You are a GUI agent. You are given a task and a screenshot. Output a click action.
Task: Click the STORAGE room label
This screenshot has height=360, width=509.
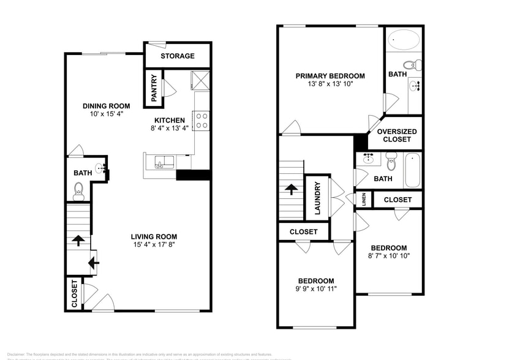pos(178,56)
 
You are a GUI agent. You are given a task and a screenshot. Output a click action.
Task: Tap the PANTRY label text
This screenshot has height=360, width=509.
pos(154,88)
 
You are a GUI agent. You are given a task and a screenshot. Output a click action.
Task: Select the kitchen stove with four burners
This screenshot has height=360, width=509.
pos(202,120)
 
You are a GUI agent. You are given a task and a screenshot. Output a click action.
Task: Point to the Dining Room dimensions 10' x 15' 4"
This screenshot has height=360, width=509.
pos(107,114)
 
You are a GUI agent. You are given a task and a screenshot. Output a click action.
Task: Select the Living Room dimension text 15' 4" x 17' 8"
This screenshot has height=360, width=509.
pos(154,245)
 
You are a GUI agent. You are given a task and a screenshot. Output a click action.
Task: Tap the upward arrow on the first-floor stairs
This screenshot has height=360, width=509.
pos(78,241)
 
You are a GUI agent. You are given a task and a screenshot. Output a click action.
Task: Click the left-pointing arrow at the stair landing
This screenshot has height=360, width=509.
pos(92,263)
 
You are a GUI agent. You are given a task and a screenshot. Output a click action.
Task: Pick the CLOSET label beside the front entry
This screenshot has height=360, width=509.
pos(74,293)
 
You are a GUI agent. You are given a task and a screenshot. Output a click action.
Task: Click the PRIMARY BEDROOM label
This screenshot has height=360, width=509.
pos(330,76)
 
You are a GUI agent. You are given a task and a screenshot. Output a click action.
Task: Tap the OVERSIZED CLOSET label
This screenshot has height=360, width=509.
pos(397,135)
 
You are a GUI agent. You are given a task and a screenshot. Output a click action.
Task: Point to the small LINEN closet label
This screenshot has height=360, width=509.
pos(363,200)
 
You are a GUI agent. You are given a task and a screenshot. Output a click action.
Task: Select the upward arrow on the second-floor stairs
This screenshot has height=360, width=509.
pos(291,190)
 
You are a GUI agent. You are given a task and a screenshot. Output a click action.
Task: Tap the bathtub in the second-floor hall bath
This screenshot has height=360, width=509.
pos(412,170)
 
